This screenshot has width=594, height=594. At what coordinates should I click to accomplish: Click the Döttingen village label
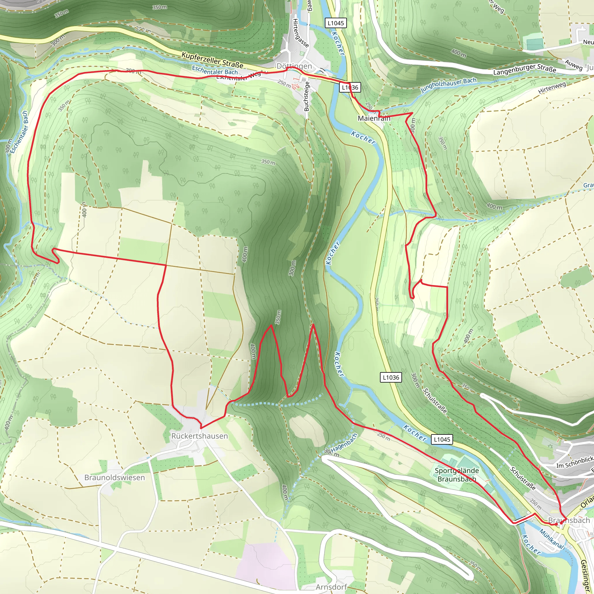pyautogui.click(x=294, y=66)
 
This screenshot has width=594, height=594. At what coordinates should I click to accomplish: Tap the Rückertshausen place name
pyautogui.click(x=200, y=436)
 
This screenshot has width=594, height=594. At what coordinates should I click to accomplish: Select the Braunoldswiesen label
pyautogui.click(x=114, y=477)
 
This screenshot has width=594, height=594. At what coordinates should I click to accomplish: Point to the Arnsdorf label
pyautogui.click(x=332, y=587)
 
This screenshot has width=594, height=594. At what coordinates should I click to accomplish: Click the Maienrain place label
pyautogui.click(x=374, y=118)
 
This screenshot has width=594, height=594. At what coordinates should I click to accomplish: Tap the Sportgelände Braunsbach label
pyautogui.click(x=457, y=475)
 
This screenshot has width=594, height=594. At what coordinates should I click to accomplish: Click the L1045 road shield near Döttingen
pyautogui.click(x=336, y=23)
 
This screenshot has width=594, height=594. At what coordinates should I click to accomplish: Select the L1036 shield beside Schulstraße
pyautogui.click(x=391, y=377)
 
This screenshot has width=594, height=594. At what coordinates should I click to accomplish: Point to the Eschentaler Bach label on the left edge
pyautogui.click(x=19, y=132)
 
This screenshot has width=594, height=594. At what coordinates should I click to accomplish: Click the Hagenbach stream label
pyautogui.click(x=344, y=443)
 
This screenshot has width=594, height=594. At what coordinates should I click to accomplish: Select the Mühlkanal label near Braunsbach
pyautogui.click(x=552, y=539)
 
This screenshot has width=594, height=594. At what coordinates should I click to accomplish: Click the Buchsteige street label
pyautogui.click(x=307, y=96)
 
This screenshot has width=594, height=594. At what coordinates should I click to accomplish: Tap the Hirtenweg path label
pyautogui.click(x=552, y=88)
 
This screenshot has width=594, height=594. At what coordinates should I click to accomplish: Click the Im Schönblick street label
pyautogui.click(x=575, y=462)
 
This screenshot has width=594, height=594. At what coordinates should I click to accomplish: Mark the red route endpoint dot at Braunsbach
pyautogui.click(x=561, y=523)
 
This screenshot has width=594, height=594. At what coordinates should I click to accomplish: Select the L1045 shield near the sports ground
pyautogui.click(x=442, y=439)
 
